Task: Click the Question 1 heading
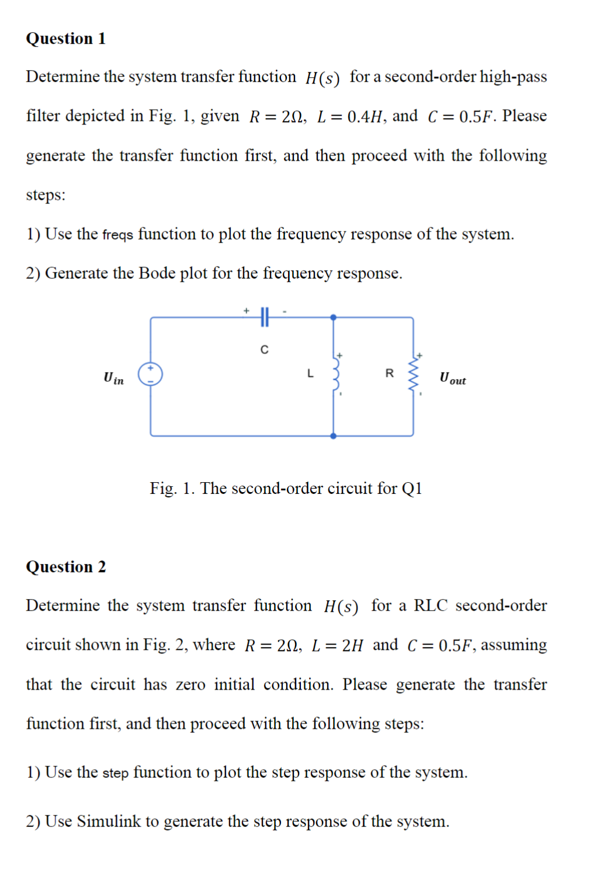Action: (x=65, y=39)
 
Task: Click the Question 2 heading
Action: (x=65, y=567)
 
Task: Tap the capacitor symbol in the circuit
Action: (x=264, y=317)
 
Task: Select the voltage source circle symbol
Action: (x=150, y=374)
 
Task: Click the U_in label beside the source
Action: (x=113, y=379)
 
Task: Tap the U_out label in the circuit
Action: (x=453, y=379)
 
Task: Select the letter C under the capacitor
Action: (x=265, y=350)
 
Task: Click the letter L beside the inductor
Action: (x=310, y=373)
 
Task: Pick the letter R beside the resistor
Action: (x=390, y=373)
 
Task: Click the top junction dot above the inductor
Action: (x=334, y=317)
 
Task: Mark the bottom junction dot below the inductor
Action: (x=334, y=436)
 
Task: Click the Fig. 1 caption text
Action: (x=286, y=488)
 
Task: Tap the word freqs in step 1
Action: (x=117, y=235)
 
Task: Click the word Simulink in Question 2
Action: (x=109, y=821)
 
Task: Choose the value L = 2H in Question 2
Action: (x=338, y=645)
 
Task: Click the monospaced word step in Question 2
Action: (x=115, y=773)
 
